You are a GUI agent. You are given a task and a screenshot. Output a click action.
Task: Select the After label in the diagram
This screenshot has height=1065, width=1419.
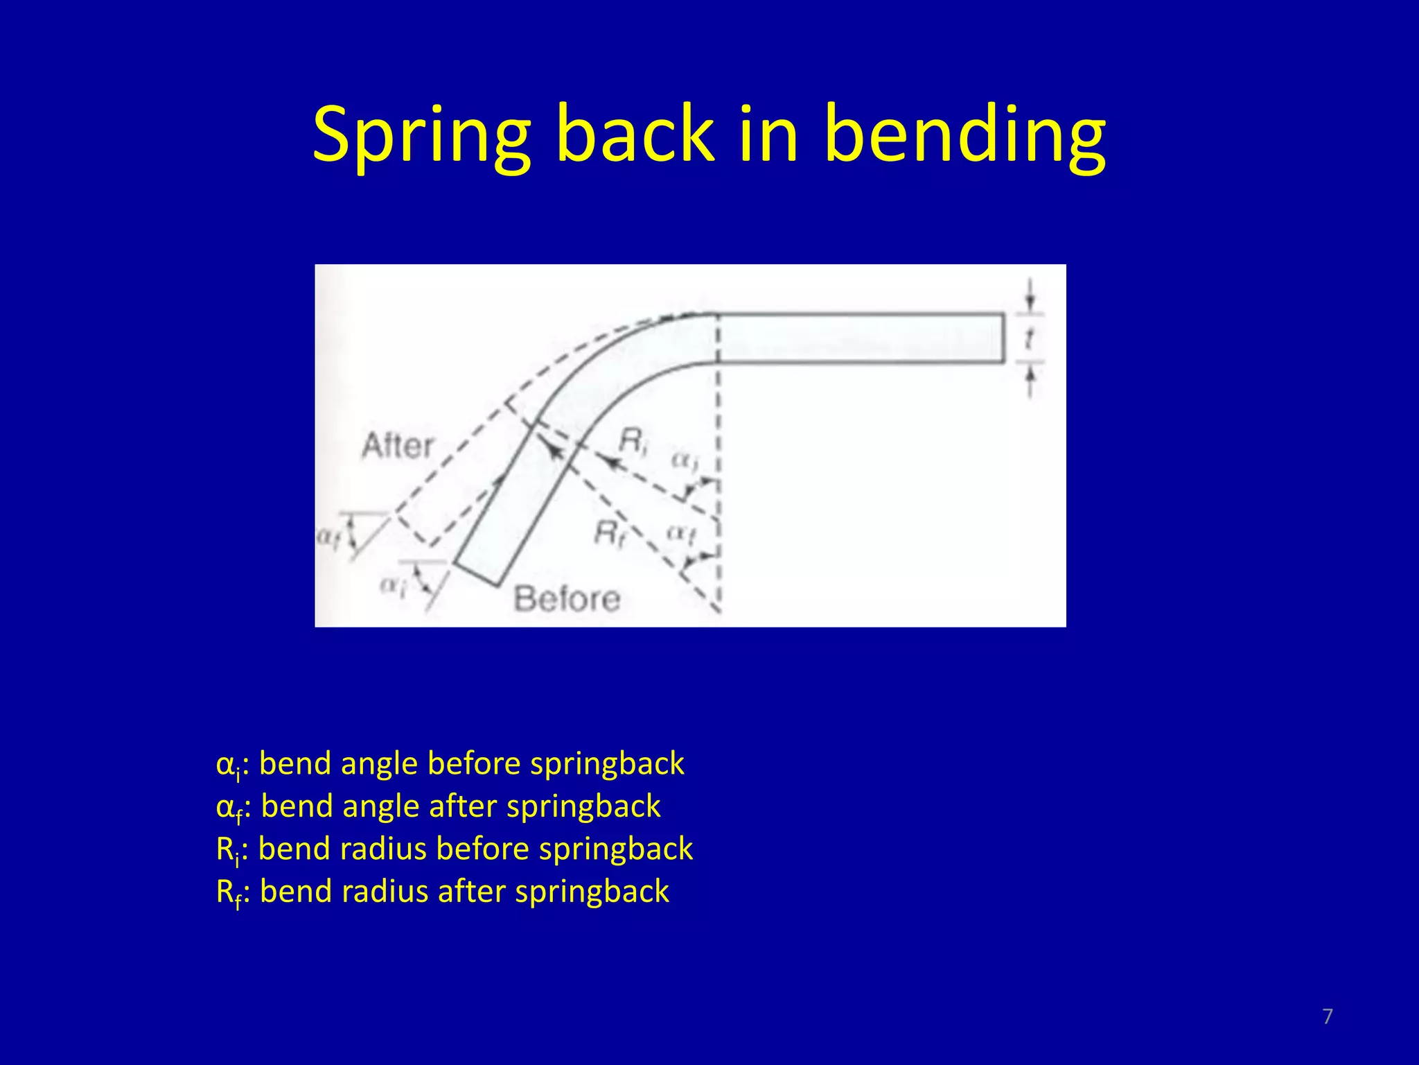tap(398, 445)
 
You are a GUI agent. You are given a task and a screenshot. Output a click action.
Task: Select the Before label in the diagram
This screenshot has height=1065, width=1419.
tap(567, 598)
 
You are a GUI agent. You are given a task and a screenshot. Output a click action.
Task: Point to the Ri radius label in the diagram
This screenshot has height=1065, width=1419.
tap(633, 441)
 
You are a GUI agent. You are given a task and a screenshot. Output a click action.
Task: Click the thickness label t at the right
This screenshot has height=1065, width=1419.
tap(1030, 339)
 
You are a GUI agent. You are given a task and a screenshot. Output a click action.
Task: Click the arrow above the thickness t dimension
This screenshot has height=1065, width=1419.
tap(1030, 298)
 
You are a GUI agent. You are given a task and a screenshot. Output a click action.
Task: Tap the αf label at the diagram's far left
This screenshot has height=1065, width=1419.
tap(329, 537)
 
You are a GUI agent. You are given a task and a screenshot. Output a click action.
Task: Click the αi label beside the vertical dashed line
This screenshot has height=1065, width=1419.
tap(685, 461)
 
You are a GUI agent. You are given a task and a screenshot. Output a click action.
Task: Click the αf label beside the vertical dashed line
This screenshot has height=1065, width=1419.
tap(681, 533)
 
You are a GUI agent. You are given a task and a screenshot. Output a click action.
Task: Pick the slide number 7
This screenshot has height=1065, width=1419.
tap(1327, 1016)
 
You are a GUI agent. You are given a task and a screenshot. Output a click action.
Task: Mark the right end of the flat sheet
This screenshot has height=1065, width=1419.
tap(1003, 338)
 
